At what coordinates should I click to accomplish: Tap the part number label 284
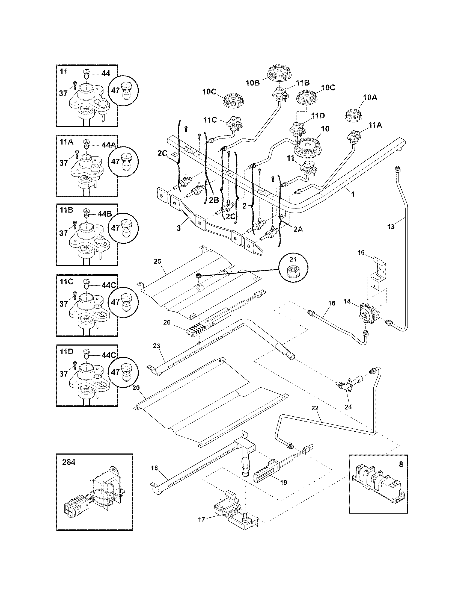click(69, 462)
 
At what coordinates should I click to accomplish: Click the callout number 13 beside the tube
click(391, 226)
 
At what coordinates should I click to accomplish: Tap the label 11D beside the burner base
click(318, 116)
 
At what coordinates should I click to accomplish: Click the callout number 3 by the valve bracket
click(179, 228)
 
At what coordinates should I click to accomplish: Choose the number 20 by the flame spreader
click(136, 388)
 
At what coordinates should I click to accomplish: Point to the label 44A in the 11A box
click(106, 145)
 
